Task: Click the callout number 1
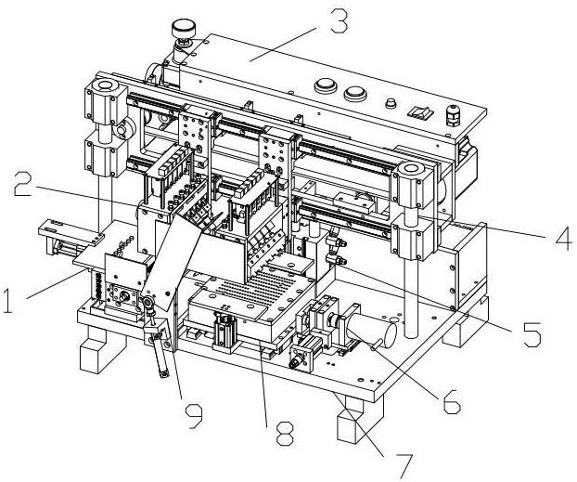pyautogui.click(x=7, y=301)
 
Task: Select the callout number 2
pyautogui.click(x=23, y=184)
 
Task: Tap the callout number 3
pyautogui.click(x=339, y=21)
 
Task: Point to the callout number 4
pyautogui.click(x=563, y=239)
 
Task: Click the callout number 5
pyautogui.click(x=532, y=334)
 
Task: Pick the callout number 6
pyautogui.click(x=451, y=401)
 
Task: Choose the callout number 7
pyautogui.click(x=404, y=465)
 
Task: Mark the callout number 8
pyautogui.click(x=285, y=434)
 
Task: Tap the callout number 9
pyautogui.click(x=194, y=415)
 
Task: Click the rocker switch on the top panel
pyautogui.click(x=419, y=111)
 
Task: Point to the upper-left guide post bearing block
pyautogui.click(x=105, y=100)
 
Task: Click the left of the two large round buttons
pyautogui.click(x=326, y=86)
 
